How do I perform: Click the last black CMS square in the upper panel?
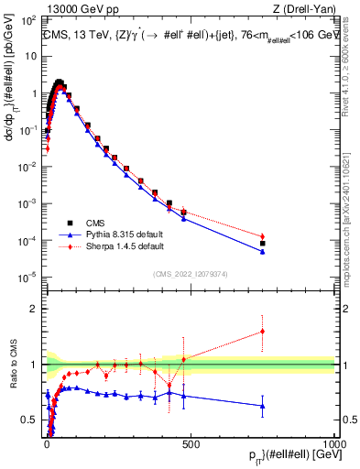tap(262, 244)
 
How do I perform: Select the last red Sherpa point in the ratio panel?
tap(262, 332)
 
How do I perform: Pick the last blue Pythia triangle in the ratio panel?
tap(262, 406)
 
